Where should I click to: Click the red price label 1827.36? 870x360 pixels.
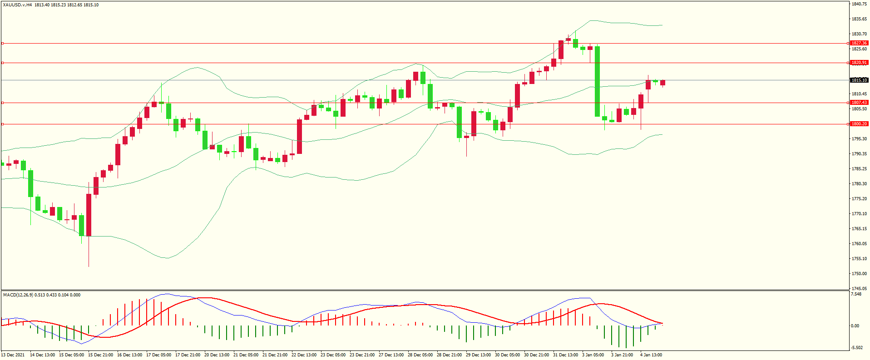pyautogui.click(x=859, y=43)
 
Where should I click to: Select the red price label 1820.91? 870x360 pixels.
pyautogui.click(x=859, y=63)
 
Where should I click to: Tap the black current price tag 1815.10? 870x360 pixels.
pyautogui.click(x=859, y=80)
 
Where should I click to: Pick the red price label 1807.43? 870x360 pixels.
pyautogui.click(x=859, y=103)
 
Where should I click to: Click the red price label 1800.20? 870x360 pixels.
pyautogui.click(x=859, y=124)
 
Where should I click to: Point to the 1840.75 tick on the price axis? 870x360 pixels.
pyautogui.click(x=859, y=4)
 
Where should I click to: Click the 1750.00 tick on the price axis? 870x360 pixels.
pyautogui.click(x=859, y=274)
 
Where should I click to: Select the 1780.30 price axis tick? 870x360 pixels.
pyautogui.click(x=859, y=184)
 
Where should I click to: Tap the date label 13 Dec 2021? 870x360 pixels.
pyautogui.click(x=13, y=355)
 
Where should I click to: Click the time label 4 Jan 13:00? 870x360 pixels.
pyautogui.click(x=651, y=355)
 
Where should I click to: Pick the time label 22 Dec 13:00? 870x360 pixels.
pyautogui.click(x=304, y=355)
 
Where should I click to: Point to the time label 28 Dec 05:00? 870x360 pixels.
pyautogui.click(x=420, y=355)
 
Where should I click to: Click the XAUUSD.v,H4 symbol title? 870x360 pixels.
pyautogui.click(x=17, y=5)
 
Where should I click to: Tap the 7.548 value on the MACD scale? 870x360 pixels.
pyautogui.click(x=856, y=294)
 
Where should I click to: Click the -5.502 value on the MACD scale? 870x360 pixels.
pyautogui.click(x=856, y=348)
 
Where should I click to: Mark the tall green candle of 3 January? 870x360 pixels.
pyautogui.click(x=598, y=82)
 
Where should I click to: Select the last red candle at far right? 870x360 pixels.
pyautogui.click(x=663, y=83)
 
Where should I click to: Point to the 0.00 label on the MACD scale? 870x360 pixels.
pyautogui.click(x=855, y=326)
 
